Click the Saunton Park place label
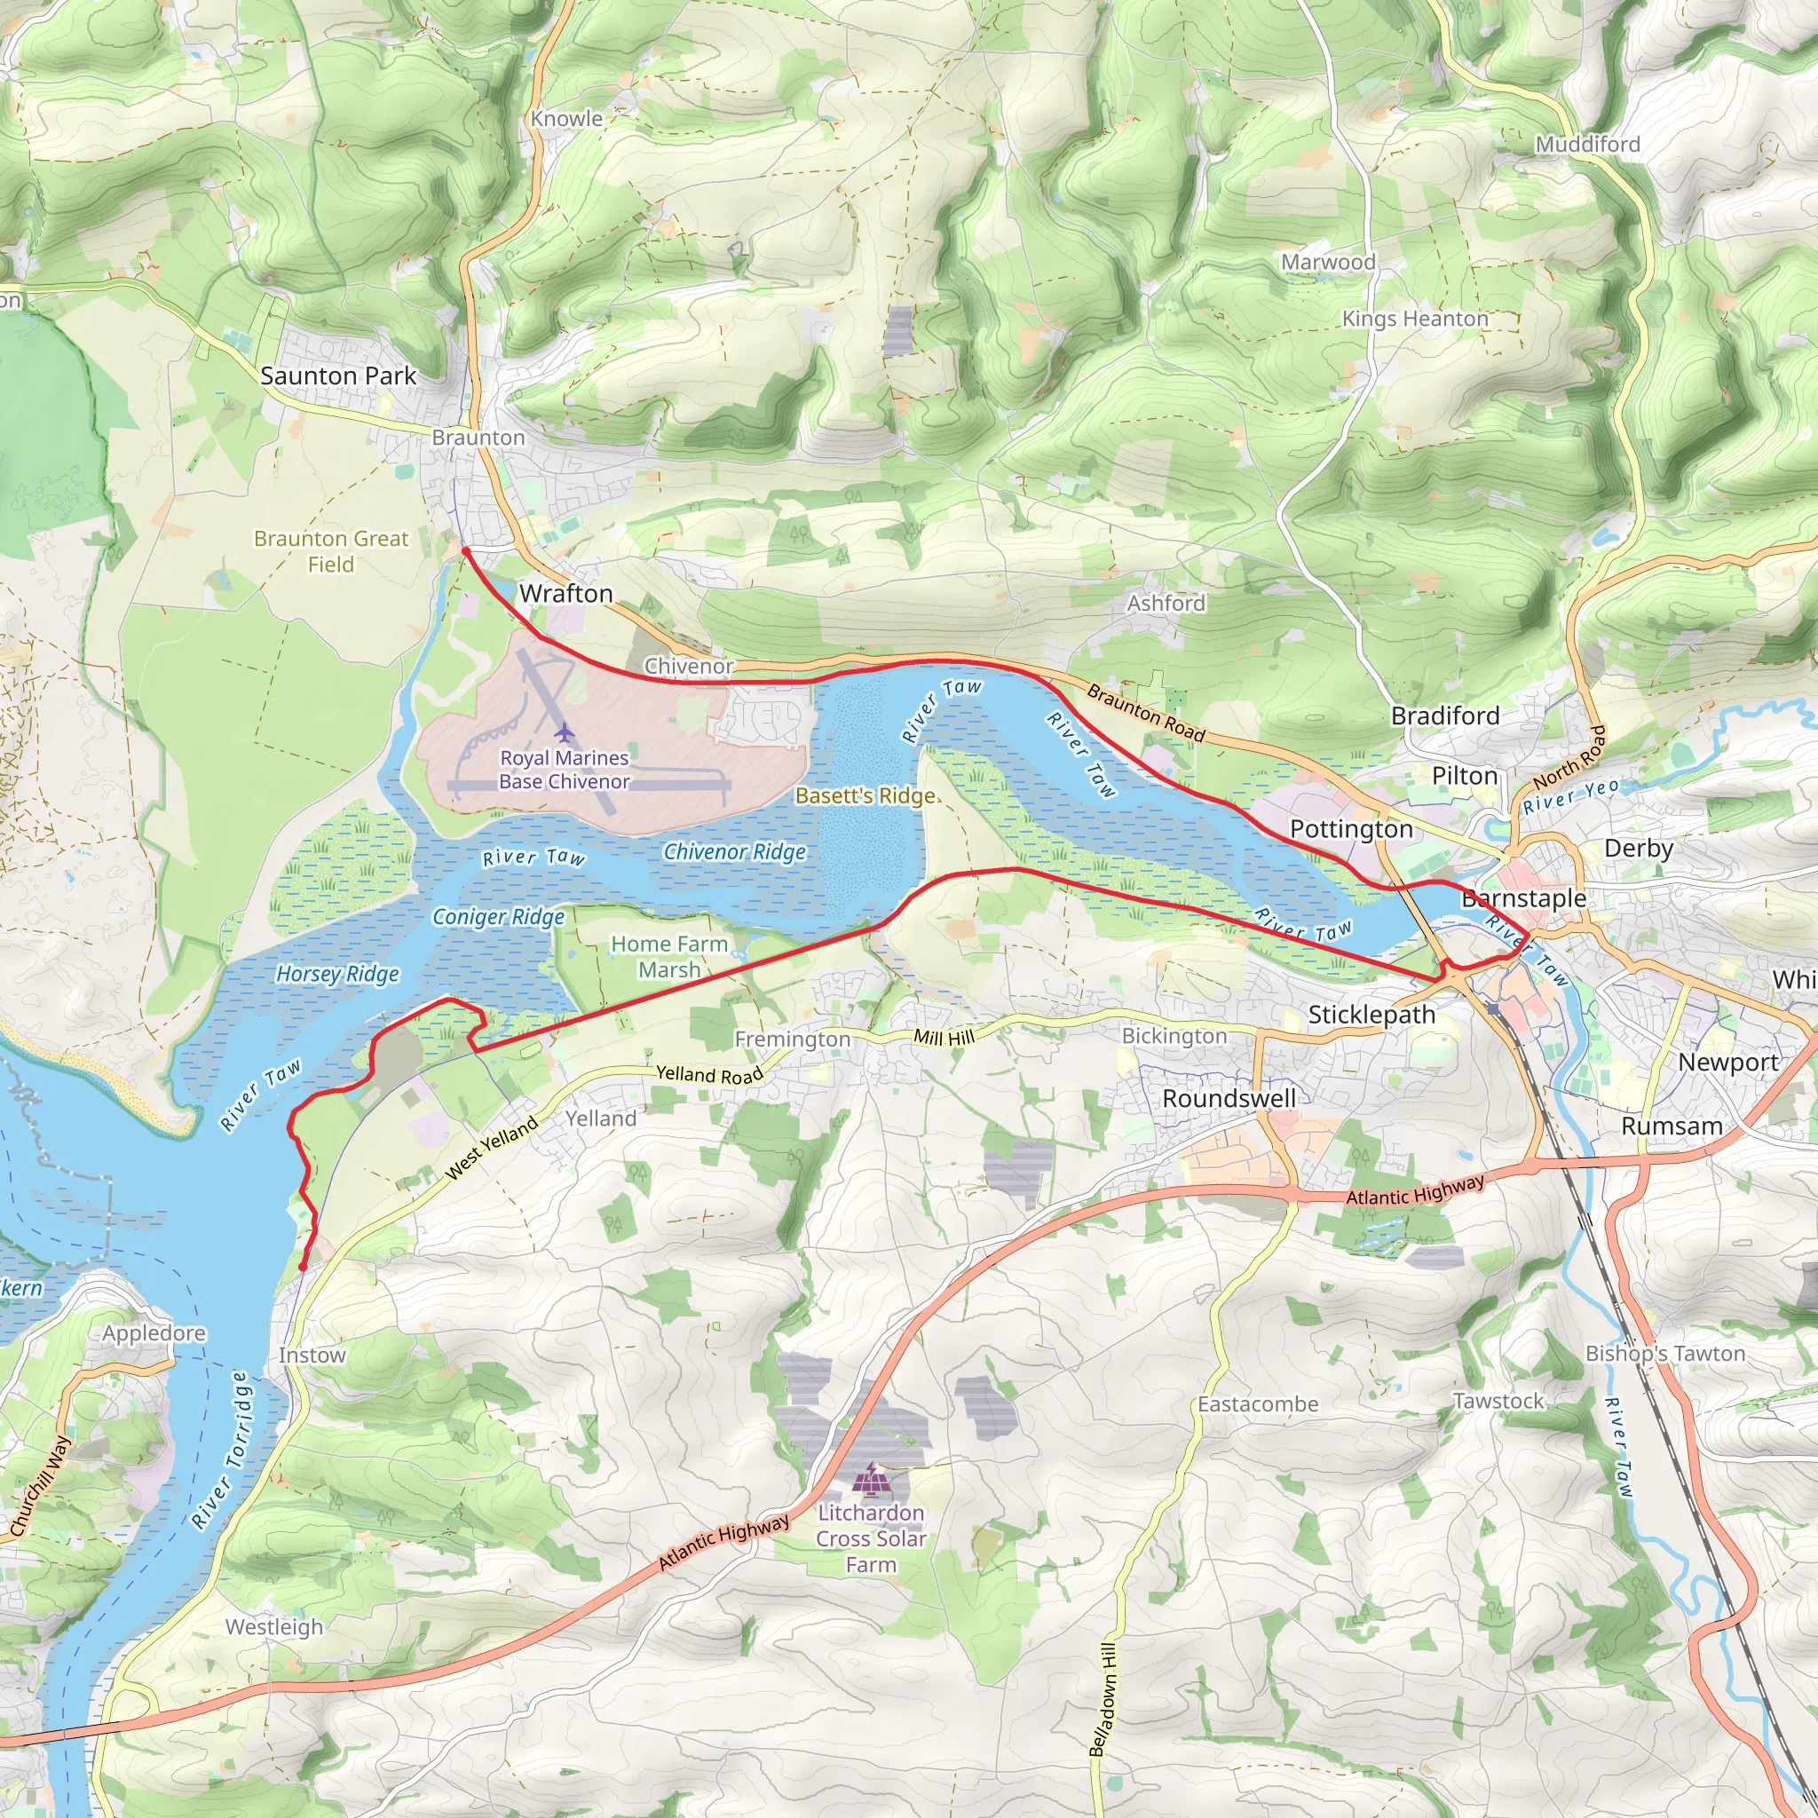[x=338, y=375]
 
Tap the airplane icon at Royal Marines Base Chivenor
[x=564, y=731]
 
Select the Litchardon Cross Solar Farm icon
[x=872, y=1480]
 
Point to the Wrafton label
[x=565, y=594]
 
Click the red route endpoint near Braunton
[x=466, y=551]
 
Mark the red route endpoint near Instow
[x=302, y=1268]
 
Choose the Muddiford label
[x=1587, y=144]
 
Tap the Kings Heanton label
[x=1414, y=319]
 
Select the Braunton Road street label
[x=1145, y=712]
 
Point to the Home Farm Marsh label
[x=669, y=956]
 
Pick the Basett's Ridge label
[x=866, y=796]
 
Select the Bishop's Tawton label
[x=1664, y=1353]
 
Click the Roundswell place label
[x=1229, y=1099]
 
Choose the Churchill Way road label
[x=40, y=1487]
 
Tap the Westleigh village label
[x=273, y=1627]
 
